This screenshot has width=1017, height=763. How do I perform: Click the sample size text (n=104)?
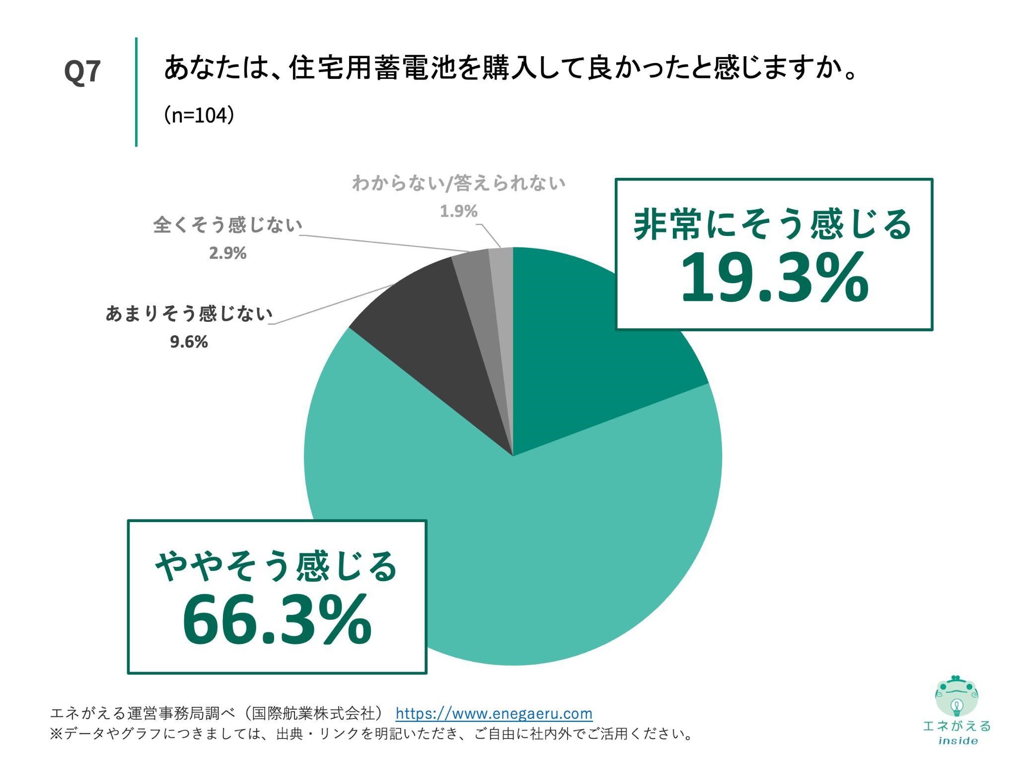(199, 116)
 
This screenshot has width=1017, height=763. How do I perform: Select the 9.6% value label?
(189, 342)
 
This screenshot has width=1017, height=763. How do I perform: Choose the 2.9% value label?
(227, 253)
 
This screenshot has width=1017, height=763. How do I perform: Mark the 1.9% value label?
(458, 212)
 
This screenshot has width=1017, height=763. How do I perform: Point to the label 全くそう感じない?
(227, 226)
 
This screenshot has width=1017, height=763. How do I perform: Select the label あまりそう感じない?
(189, 314)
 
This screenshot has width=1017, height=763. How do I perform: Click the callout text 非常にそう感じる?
(773, 225)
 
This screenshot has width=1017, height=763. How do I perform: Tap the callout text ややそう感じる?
(277, 566)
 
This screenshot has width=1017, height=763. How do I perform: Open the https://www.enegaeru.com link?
(494, 714)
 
